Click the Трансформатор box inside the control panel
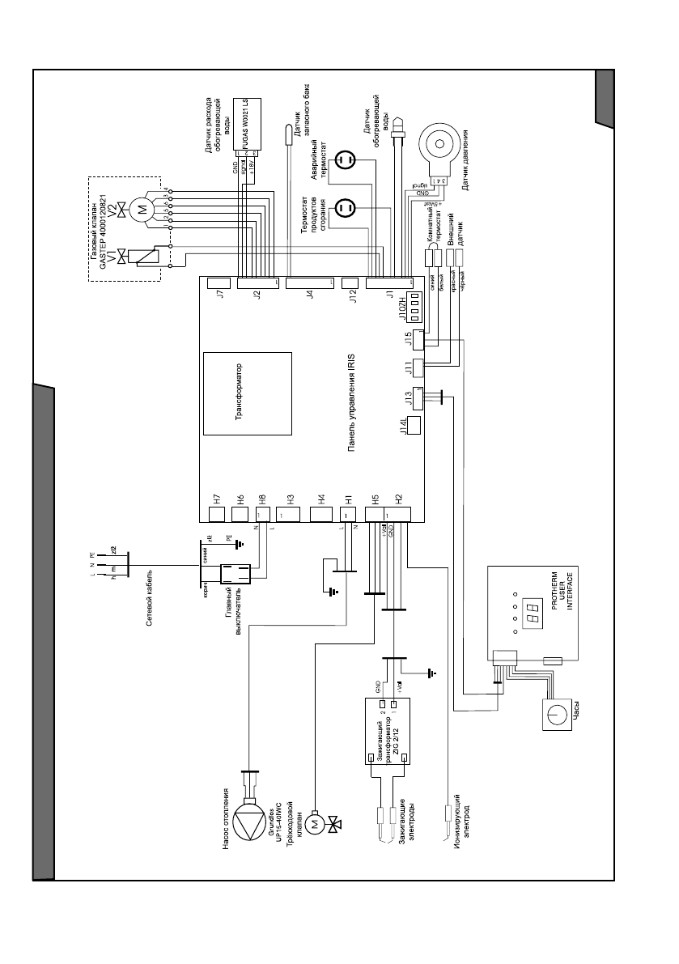(x=247, y=394)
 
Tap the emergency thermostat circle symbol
(x=345, y=160)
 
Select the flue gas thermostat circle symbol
(x=345, y=209)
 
